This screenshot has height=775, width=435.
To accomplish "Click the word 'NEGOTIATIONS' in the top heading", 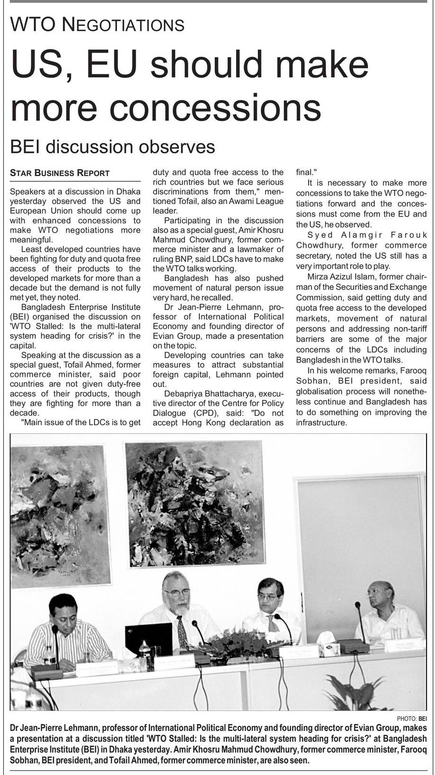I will [x=123, y=25].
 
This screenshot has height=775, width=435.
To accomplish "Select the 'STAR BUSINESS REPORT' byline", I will [x=60, y=173].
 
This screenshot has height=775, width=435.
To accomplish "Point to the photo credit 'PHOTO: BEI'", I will [x=411, y=719].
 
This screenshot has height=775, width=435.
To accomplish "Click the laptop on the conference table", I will [x=149, y=639].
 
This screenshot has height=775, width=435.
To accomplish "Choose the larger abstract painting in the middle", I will [x=194, y=503].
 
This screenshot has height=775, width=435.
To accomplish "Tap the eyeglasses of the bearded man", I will [x=177, y=592].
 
